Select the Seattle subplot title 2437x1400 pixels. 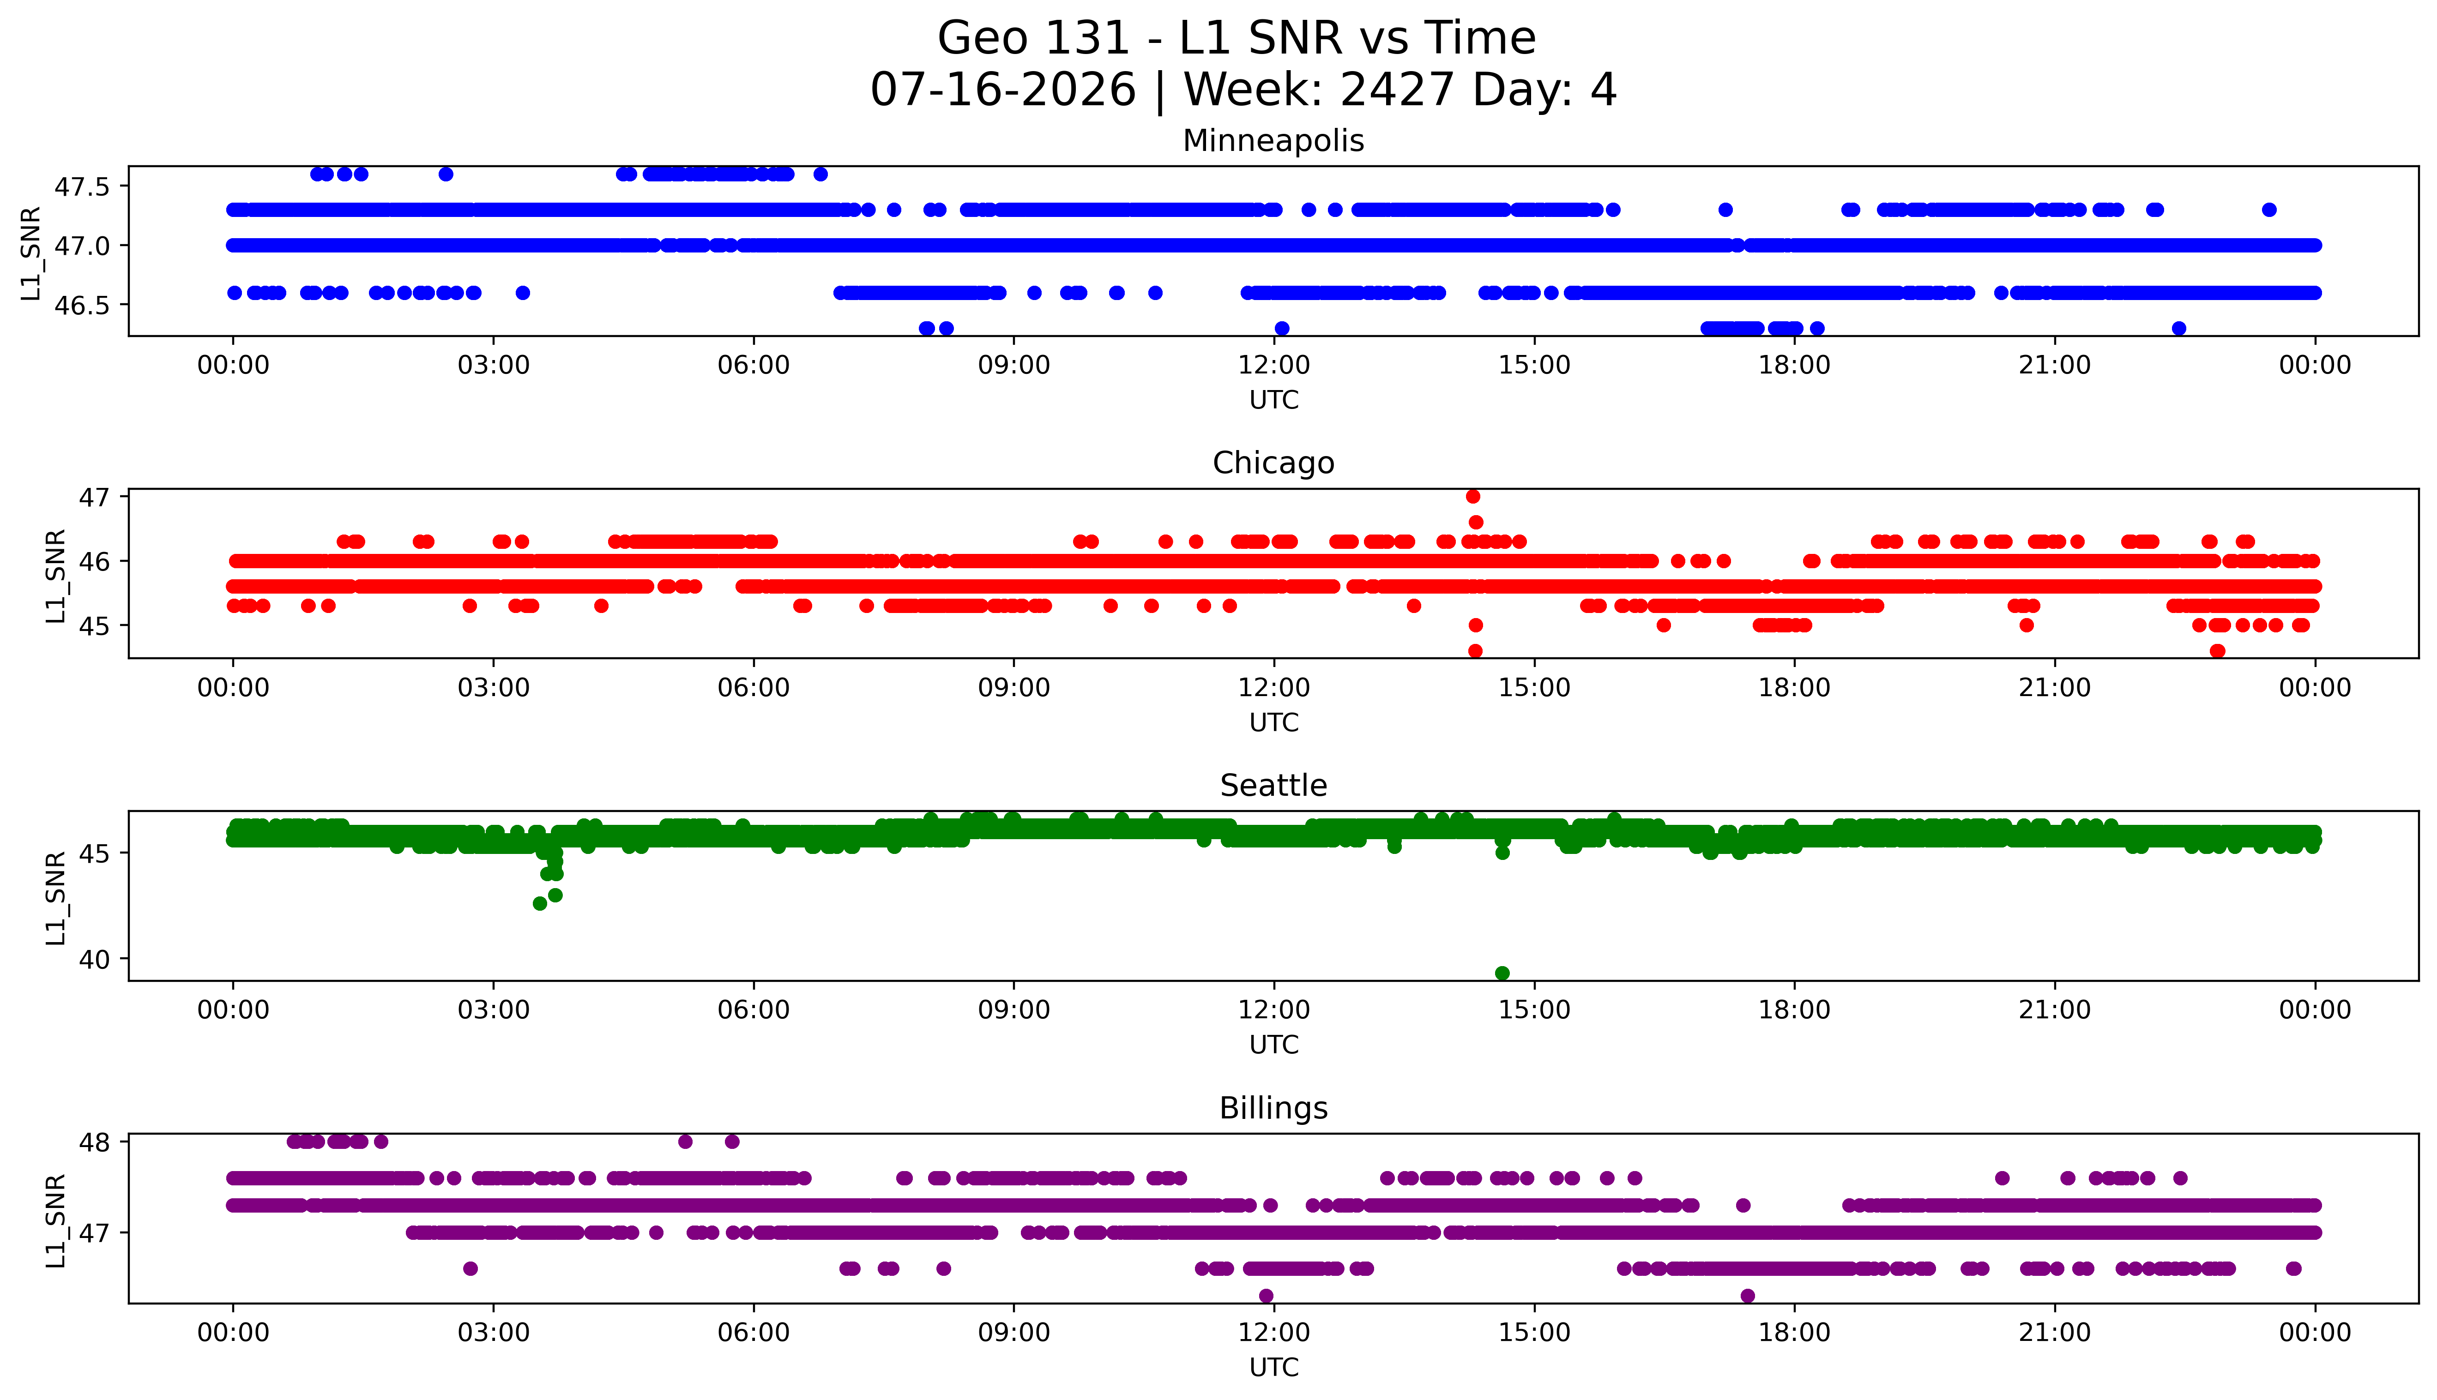[1273, 786]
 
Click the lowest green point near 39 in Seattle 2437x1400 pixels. [1502, 973]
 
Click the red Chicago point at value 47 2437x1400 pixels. [1472, 496]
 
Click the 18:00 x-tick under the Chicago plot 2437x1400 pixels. [1795, 687]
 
